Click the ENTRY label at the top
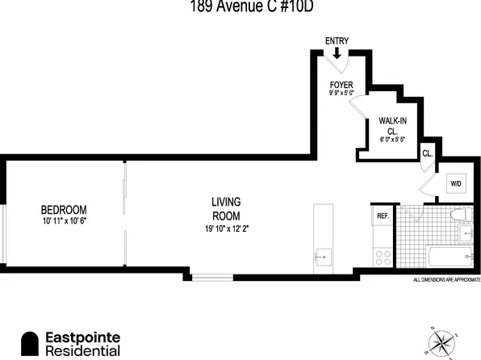tap(336, 40)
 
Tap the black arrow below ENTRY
tap(337, 53)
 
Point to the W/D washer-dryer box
tap(456, 184)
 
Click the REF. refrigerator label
tap(382, 216)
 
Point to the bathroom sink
tap(465, 236)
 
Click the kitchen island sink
tap(323, 257)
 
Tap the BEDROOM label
tap(65, 208)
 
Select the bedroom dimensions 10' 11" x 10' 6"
tap(65, 220)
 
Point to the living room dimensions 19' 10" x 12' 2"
tap(227, 228)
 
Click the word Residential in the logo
tap(82, 351)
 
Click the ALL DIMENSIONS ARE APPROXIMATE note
tap(446, 281)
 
